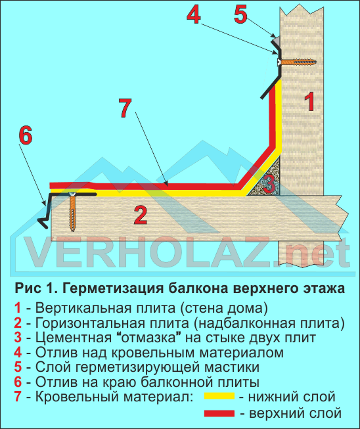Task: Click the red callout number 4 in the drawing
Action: coord(194,14)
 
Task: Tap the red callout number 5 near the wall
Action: coord(240,14)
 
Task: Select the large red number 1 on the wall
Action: coord(309,102)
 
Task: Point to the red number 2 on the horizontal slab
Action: coord(141,215)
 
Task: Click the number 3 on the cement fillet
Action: coord(269,184)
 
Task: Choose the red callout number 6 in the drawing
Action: coord(26,135)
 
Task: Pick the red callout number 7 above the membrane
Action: coord(125,108)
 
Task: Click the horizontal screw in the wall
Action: coord(297,62)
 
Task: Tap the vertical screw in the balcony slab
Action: coord(72,212)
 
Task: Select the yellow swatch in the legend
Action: coord(219,396)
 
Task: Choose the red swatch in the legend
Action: coord(219,413)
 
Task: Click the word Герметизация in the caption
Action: coord(114,288)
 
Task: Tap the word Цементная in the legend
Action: coord(74,337)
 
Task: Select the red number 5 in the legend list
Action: coord(18,367)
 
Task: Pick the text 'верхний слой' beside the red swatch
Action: coord(295,413)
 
